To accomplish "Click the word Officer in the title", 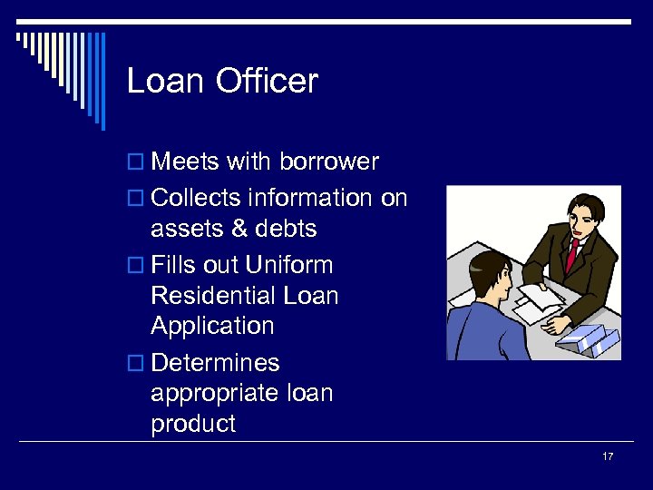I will coord(268,82).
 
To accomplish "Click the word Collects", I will coord(196,198).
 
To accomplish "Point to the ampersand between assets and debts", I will coord(239,229).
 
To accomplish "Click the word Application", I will coord(212,327).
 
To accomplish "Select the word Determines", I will coord(216,363).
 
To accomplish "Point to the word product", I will coord(193,424).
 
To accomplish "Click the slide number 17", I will coord(608,456).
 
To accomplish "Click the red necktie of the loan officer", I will coord(572,254).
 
